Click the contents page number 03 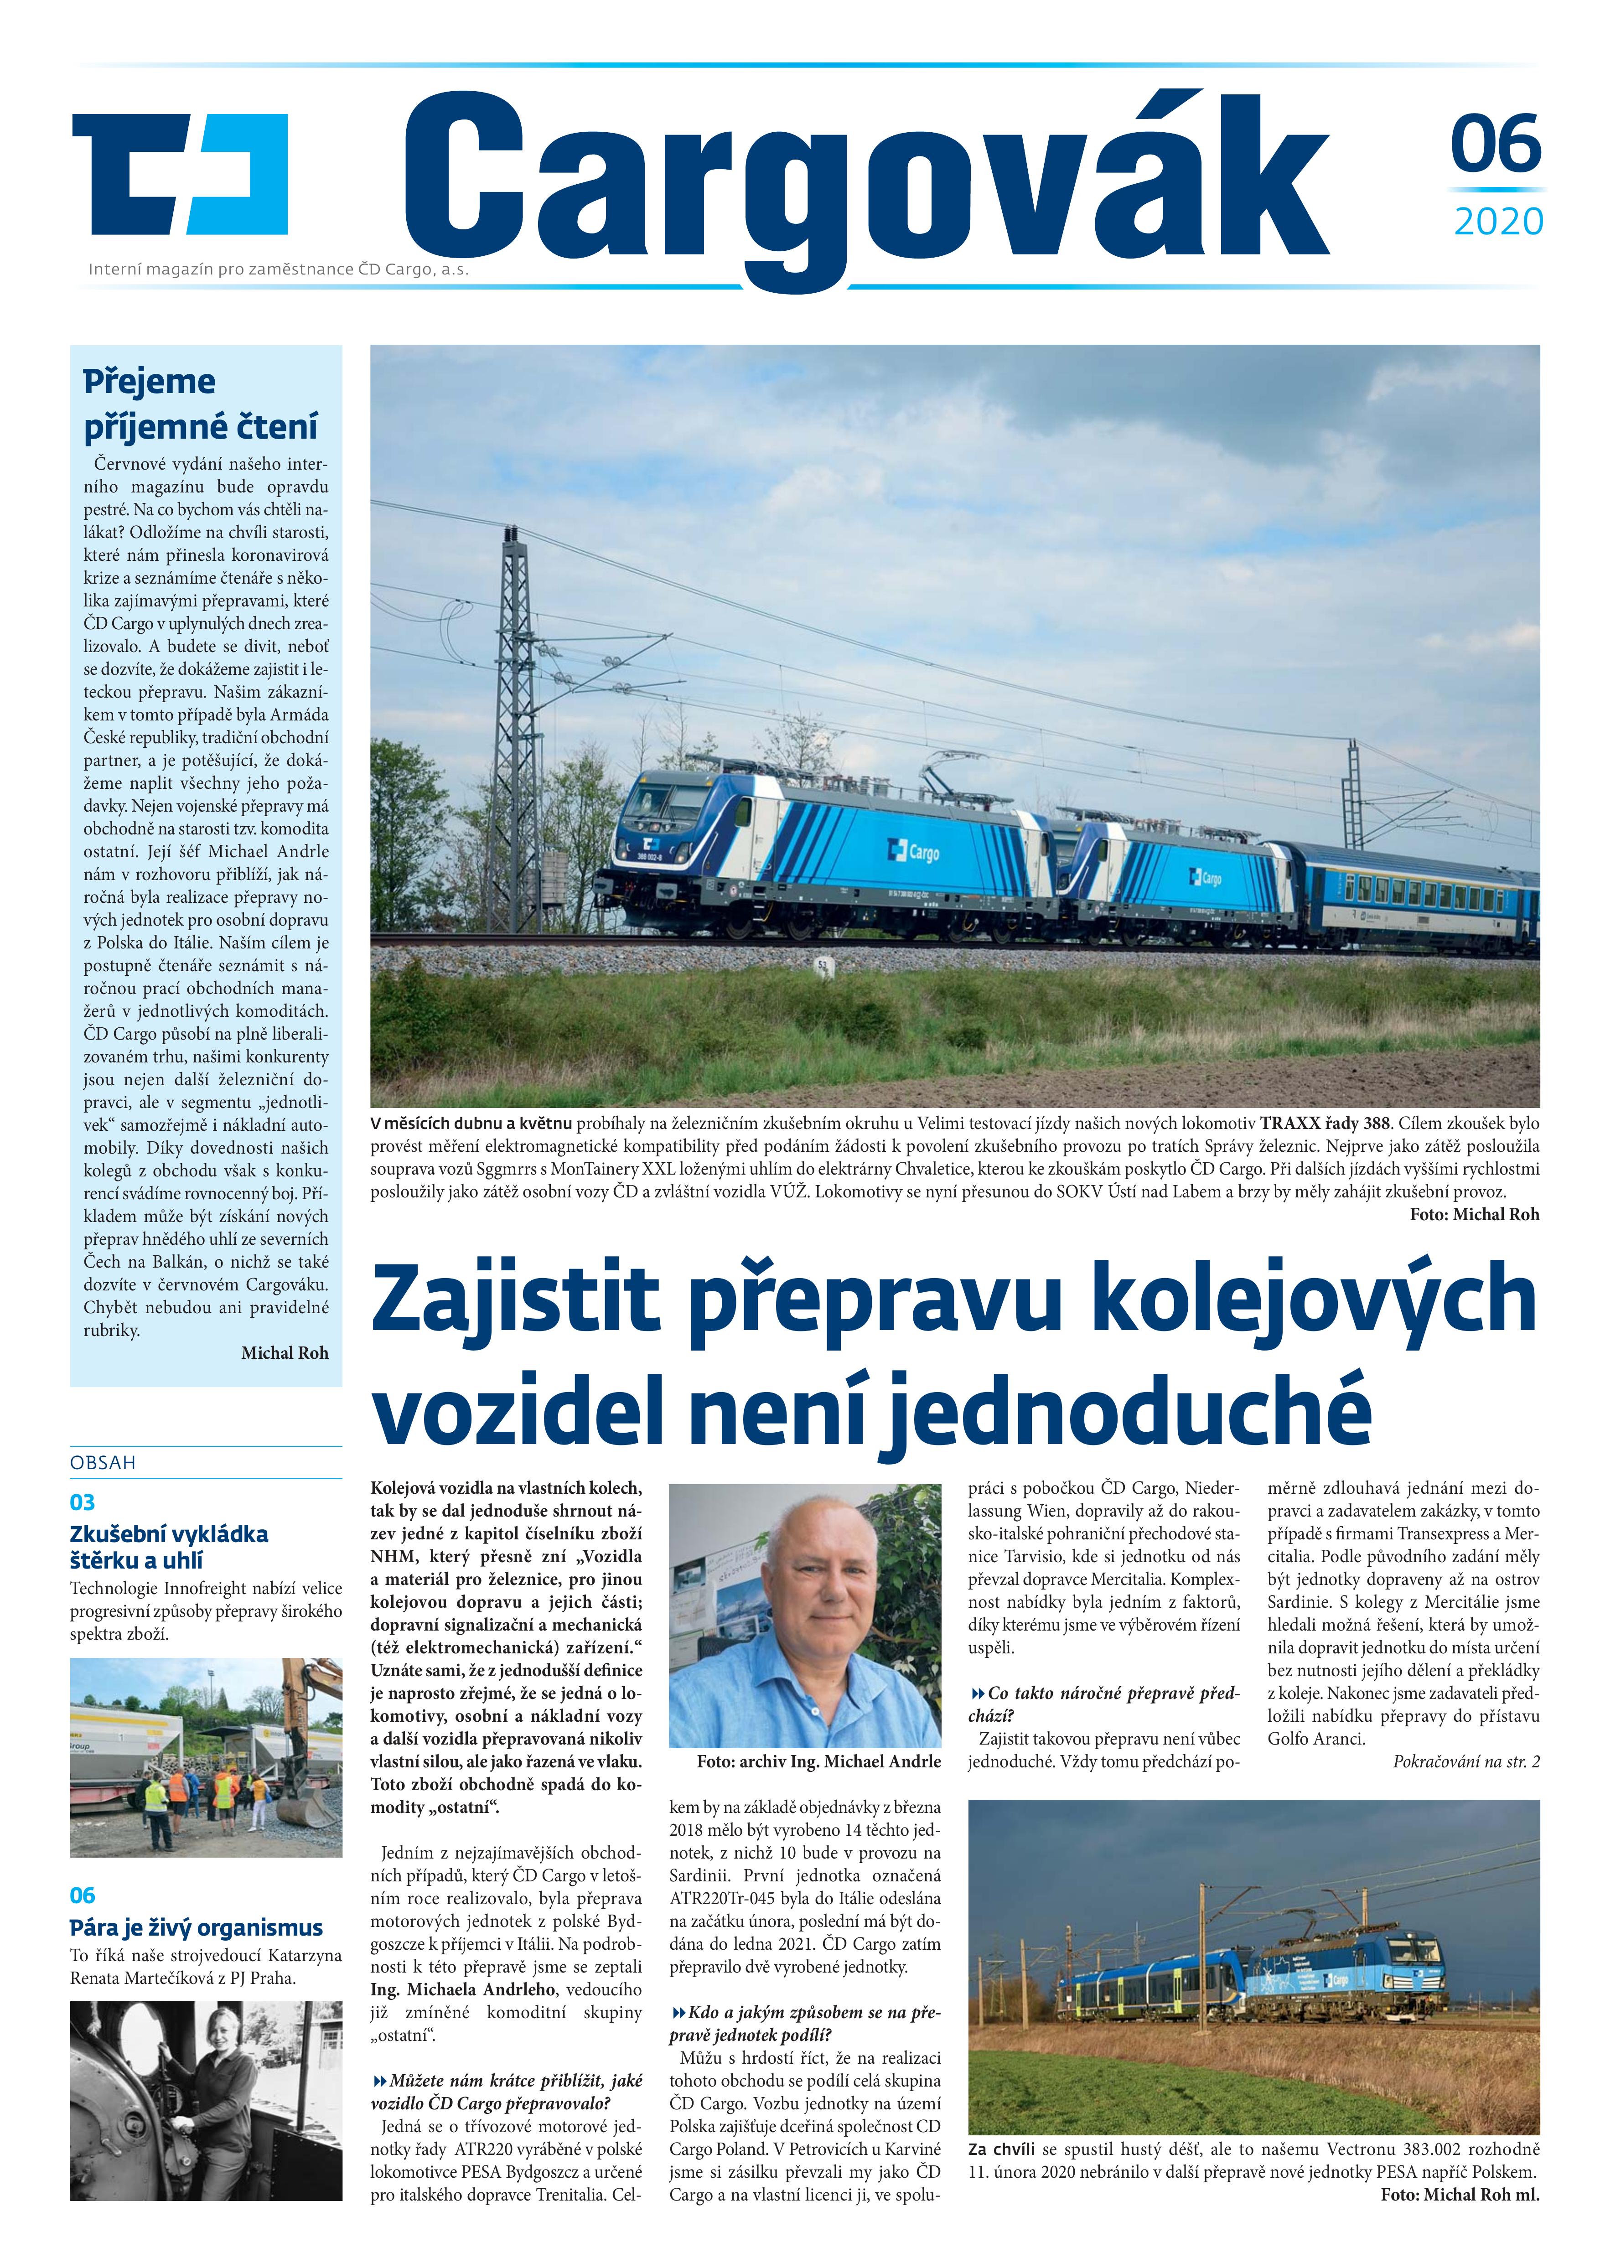coord(83,1502)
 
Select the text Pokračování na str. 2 coord(1466,1761)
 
